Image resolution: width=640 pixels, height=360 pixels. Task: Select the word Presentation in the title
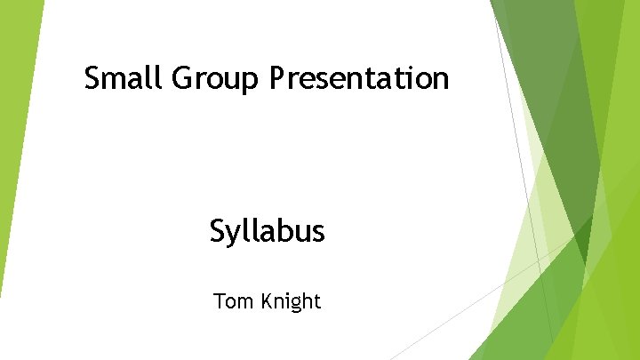click(359, 79)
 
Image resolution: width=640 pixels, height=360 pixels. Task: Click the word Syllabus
click(268, 233)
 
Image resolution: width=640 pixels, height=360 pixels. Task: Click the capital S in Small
click(92, 79)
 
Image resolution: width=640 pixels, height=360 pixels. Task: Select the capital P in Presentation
click(276, 79)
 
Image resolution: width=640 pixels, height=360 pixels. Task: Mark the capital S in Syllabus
click(219, 231)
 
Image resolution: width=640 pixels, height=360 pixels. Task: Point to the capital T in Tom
click(220, 301)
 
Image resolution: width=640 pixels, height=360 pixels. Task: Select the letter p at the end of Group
click(251, 83)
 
